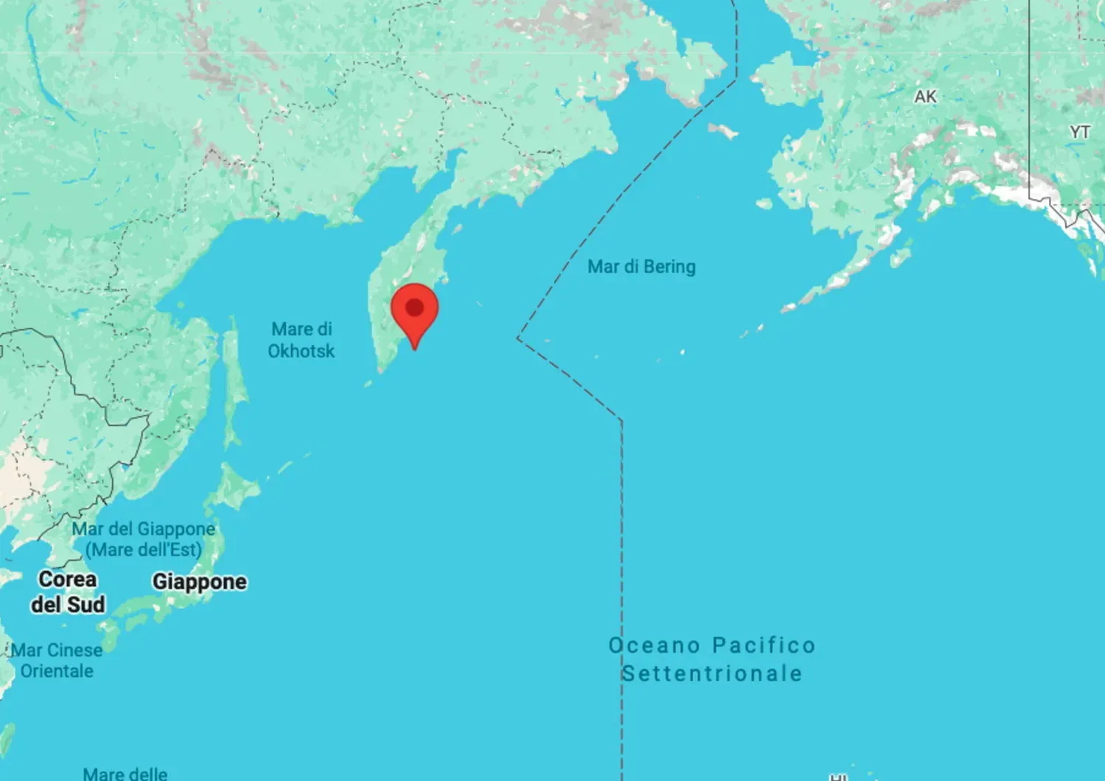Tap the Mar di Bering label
click(x=641, y=267)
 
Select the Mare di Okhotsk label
click(x=301, y=340)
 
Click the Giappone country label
click(x=200, y=582)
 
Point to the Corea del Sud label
click(x=68, y=592)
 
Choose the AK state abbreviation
click(x=925, y=97)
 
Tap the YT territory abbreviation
click(x=1079, y=132)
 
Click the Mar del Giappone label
click(x=144, y=529)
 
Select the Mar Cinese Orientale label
click(x=57, y=660)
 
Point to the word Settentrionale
click(x=712, y=673)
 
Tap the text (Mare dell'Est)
click(x=144, y=550)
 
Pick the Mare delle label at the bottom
click(x=125, y=774)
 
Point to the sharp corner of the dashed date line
click(x=519, y=338)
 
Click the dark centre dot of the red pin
click(x=415, y=307)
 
